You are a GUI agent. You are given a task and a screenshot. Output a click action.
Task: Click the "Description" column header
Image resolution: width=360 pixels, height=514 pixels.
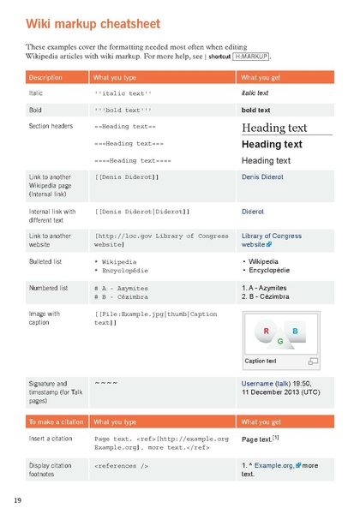45,78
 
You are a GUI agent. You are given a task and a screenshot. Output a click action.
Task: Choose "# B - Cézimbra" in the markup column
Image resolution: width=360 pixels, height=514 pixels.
121,296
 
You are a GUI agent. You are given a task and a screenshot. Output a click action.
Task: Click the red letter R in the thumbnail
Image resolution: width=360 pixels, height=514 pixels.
267,332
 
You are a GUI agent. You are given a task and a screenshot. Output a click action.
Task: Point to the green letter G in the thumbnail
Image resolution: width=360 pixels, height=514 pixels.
280,341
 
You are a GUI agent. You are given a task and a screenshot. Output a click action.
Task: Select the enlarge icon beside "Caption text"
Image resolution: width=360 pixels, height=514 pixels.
312,362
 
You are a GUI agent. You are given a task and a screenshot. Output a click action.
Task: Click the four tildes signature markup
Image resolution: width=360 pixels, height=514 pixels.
105,382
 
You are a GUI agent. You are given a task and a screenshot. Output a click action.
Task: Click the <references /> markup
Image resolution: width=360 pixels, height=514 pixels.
122,467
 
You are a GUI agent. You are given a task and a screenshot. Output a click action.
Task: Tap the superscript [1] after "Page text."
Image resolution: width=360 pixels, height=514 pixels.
276,437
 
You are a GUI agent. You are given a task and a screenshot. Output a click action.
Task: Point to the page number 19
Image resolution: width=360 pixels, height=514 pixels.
17,499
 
